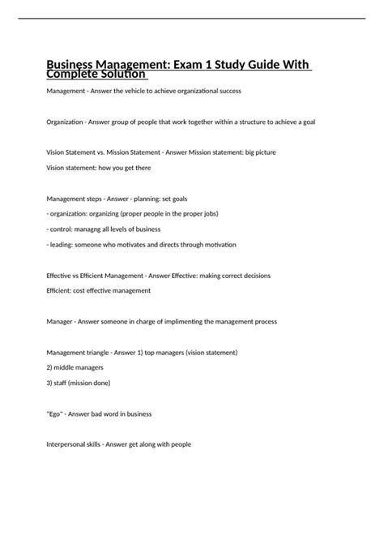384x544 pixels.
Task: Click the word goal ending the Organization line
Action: (x=308, y=122)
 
